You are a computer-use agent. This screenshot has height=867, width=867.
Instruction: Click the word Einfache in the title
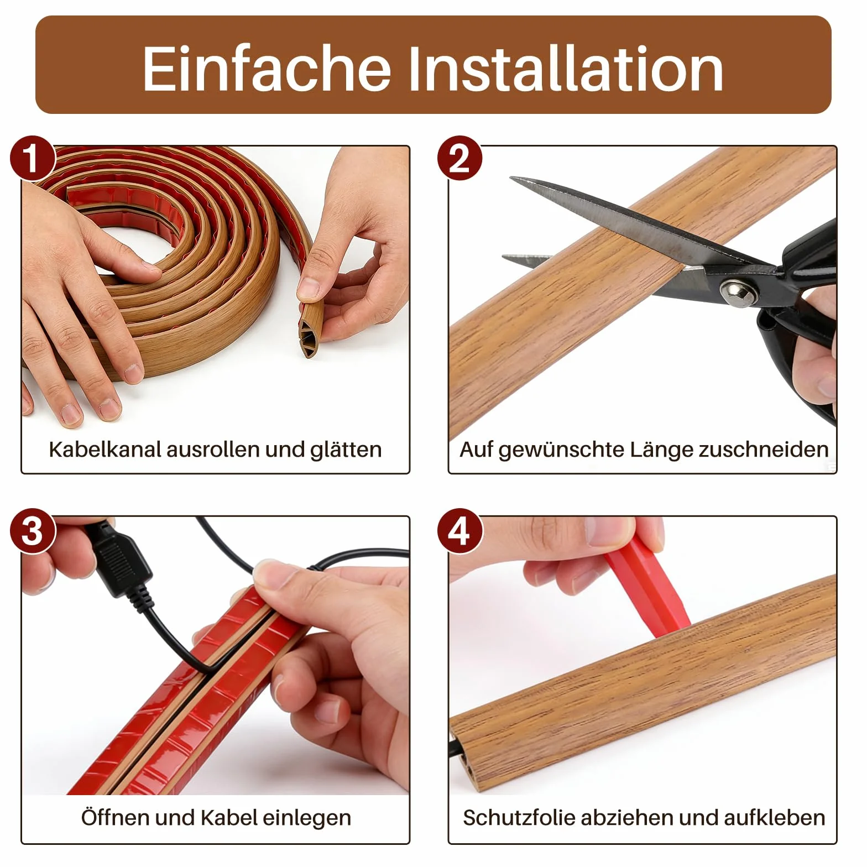click(x=267, y=68)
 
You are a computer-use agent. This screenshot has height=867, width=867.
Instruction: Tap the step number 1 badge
click(x=32, y=158)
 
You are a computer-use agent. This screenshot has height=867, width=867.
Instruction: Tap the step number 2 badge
click(x=459, y=158)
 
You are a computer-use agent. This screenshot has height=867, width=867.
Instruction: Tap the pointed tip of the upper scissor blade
click(x=511, y=179)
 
